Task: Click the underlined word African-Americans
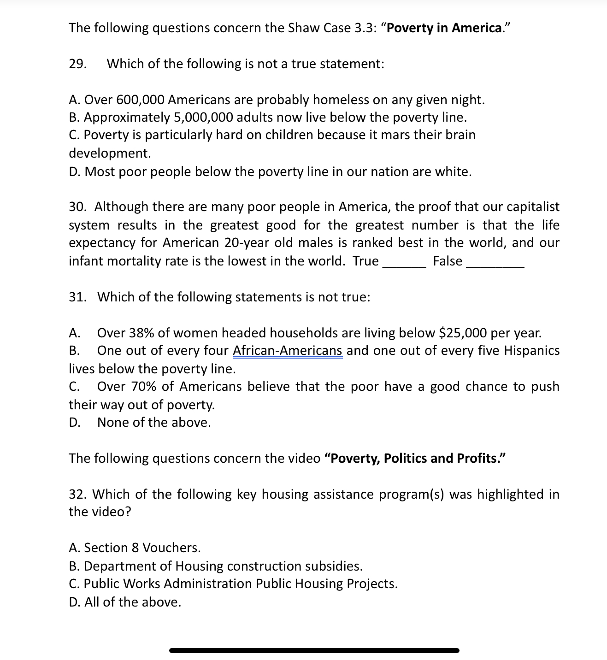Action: pyautogui.click(x=288, y=351)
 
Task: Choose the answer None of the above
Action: pyautogui.click(x=154, y=423)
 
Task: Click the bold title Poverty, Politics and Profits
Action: pyautogui.click(x=415, y=459)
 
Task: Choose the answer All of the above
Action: pyautogui.click(x=132, y=602)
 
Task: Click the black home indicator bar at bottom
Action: pyautogui.click(x=314, y=650)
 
